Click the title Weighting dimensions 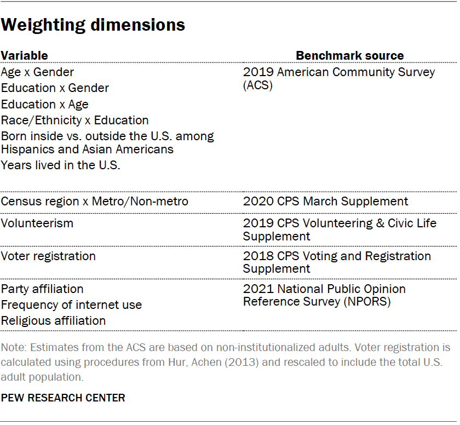click(93, 25)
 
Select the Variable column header click(24, 55)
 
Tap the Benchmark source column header click(349, 55)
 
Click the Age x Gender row click(37, 72)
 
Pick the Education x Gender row click(55, 88)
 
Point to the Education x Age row click(44, 104)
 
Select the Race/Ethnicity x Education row click(74, 120)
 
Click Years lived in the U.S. click(60, 165)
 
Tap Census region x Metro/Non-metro click(94, 202)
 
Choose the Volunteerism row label click(37, 223)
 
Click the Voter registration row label click(48, 256)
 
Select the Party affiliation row click(42, 289)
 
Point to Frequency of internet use click(71, 305)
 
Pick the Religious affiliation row click(53, 320)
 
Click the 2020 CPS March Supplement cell click(325, 202)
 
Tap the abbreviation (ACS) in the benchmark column click(257, 85)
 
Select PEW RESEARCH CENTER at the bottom click(63, 398)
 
